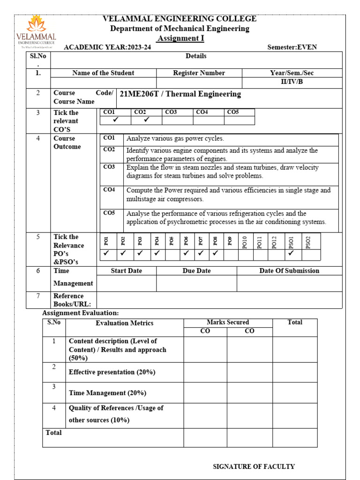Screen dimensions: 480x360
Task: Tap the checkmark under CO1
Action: [x=115, y=120]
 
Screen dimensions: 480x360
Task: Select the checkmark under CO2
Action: [x=146, y=120]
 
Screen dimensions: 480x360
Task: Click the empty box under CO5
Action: [x=239, y=120]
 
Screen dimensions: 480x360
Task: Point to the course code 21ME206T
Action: [x=140, y=94]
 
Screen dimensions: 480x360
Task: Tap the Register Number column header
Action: [x=199, y=73]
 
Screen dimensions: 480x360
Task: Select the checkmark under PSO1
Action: [x=291, y=254]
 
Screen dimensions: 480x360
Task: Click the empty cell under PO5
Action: [x=172, y=255]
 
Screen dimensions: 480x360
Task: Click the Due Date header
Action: [x=196, y=271]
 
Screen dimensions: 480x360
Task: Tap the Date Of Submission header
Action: [x=289, y=271]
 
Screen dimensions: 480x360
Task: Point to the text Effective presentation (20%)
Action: [x=112, y=372]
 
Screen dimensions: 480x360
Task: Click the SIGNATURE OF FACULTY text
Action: [x=254, y=466]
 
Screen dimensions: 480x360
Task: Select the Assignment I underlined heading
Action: [x=180, y=38]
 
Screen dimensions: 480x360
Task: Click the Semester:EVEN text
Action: [x=292, y=47]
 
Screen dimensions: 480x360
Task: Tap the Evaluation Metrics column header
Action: [x=124, y=323]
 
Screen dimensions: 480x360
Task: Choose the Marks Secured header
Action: [x=228, y=322]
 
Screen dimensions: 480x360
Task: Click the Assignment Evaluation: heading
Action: [x=81, y=313]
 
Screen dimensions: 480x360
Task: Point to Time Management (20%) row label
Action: [x=107, y=393]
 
